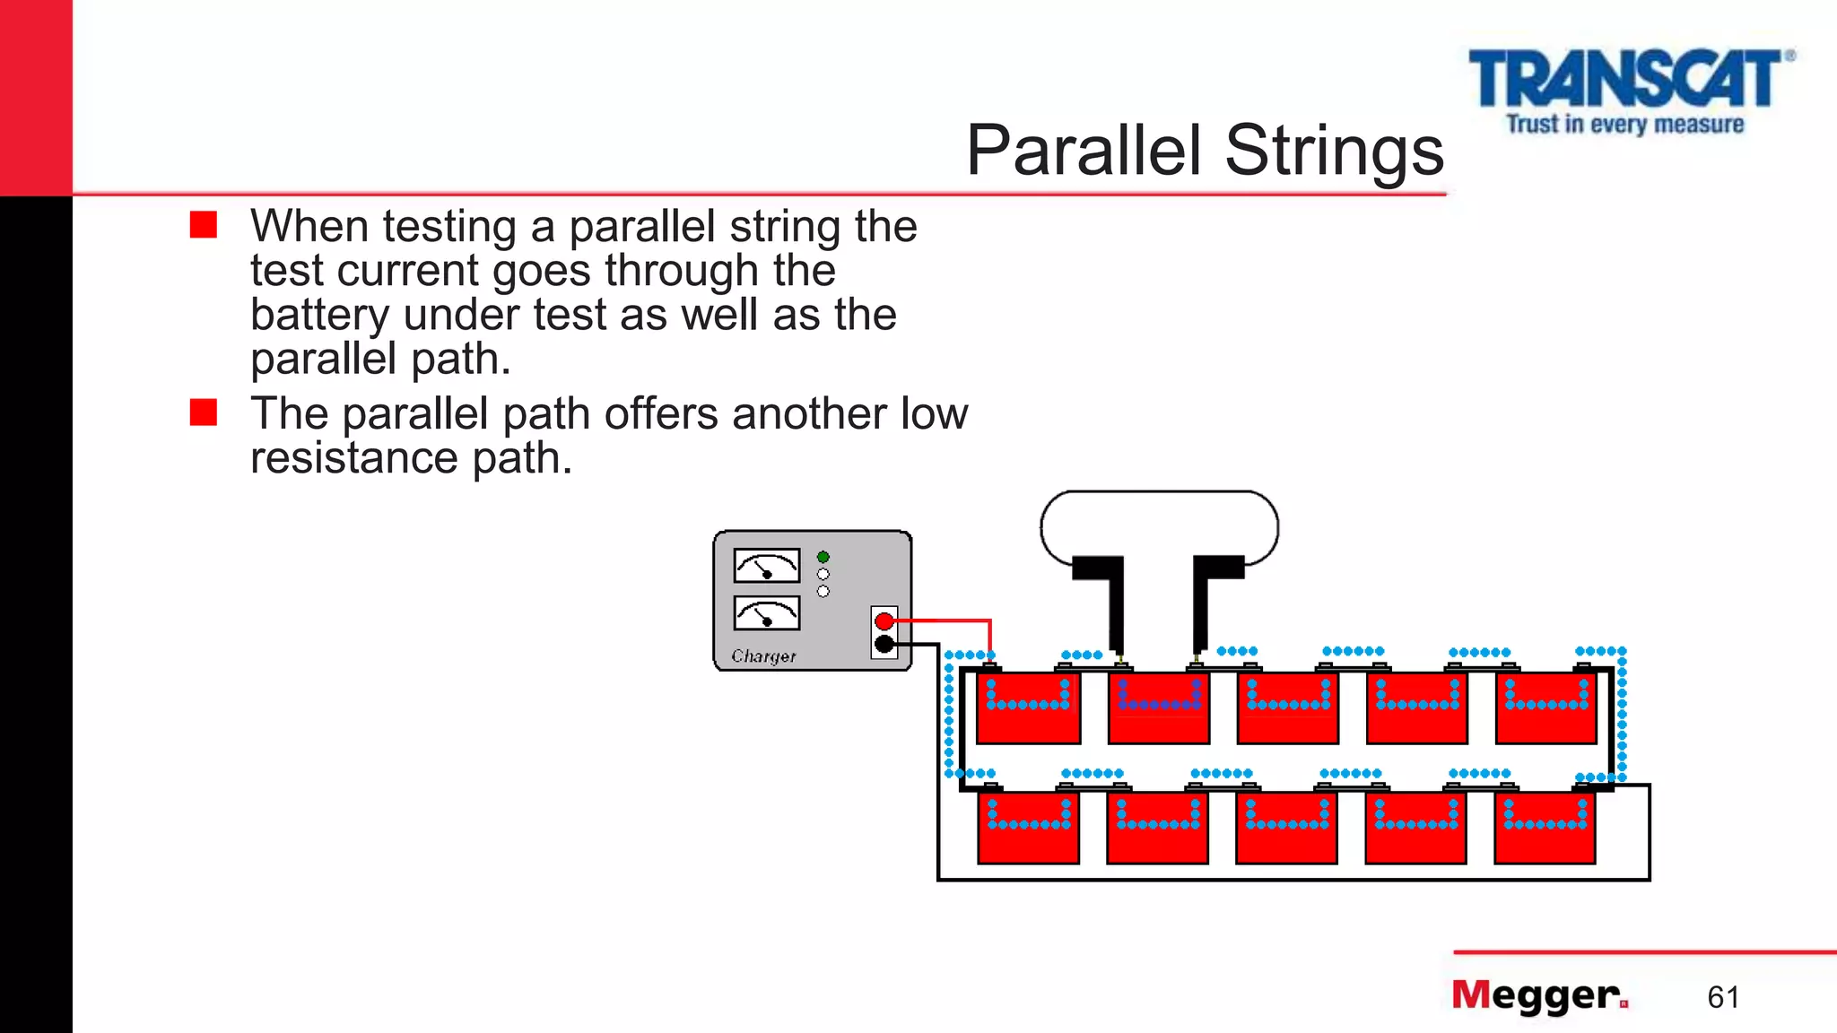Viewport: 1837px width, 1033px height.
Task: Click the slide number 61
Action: click(x=1723, y=997)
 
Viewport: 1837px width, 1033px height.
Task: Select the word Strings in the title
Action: click(x=1334, y=151)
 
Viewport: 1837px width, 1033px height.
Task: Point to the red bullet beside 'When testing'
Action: click(x=204, y=225)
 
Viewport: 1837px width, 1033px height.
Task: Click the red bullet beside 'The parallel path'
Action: click(x=204, y=412)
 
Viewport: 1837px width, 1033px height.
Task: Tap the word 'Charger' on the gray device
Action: click(x=763, y=656)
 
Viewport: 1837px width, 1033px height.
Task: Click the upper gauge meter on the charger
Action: click(x=767, y=566)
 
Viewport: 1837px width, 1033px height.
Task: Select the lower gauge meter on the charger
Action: click(x=767, y=613)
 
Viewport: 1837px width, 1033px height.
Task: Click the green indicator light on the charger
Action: click(x=823, y=557)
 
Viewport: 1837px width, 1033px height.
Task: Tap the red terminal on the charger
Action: click(x=884, y=621)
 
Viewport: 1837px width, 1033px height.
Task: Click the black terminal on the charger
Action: click(x=884, y=644)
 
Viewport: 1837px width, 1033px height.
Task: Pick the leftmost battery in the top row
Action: click(x=1028, y=708)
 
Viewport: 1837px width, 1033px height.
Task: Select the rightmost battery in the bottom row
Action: click(x=1545, y=828)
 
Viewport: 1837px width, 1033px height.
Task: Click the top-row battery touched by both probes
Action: click(x=1159, y=708)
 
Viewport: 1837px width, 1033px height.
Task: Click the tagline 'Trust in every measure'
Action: click(x=1624, y=124)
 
